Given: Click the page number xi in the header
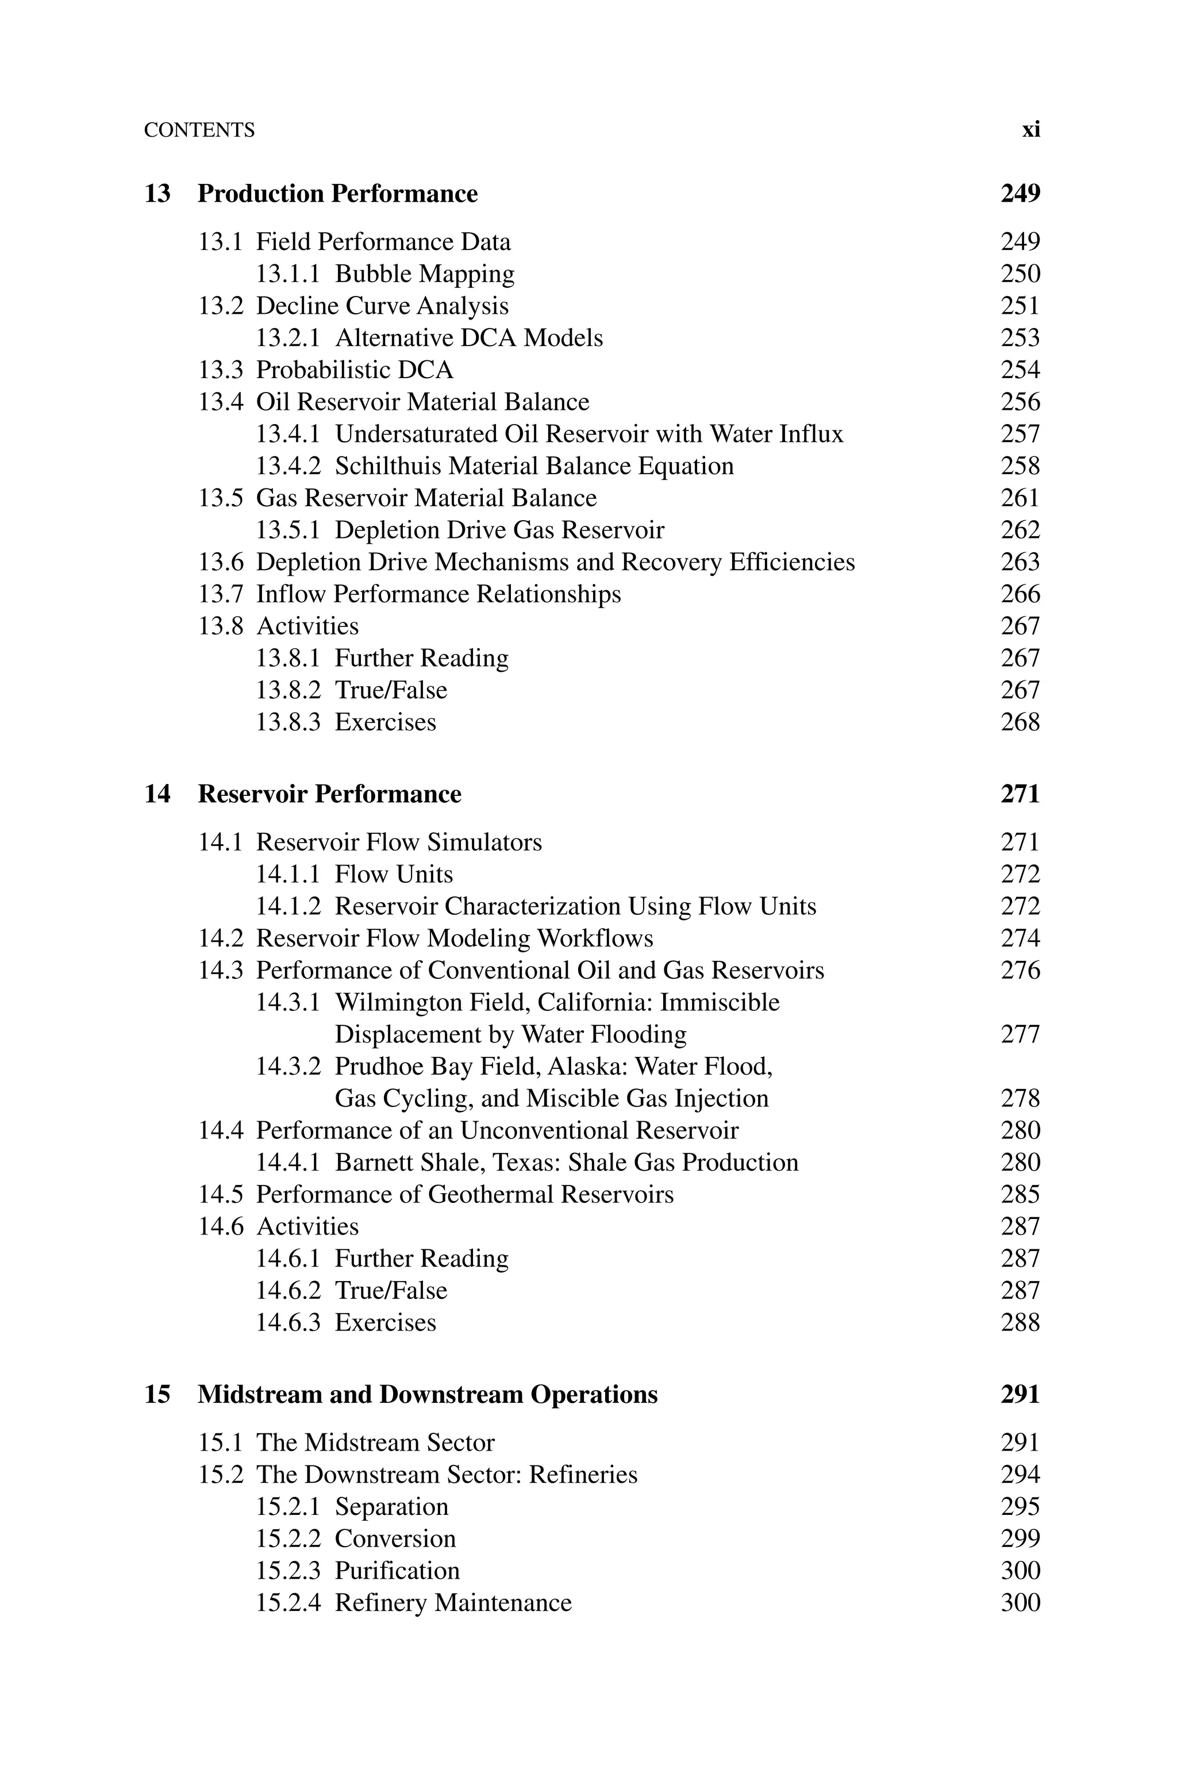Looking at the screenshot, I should [x=1030, y=130].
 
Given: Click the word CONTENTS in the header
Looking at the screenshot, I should [x=199, y=130].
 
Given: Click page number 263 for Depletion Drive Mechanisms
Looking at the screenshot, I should [x=1020, y=562].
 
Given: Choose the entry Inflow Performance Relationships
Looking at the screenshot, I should [x=439, y=594].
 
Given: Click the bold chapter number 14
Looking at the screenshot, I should [x=157, y=794].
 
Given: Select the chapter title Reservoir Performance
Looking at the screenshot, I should [x=329, y=794].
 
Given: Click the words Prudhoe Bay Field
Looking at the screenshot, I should [x=437, y=1066].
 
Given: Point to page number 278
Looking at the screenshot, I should [x=1020, y=1099].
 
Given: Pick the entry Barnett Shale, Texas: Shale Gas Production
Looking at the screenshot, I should [x=566, y=1163].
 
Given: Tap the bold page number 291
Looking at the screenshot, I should [x=1020, y=1394].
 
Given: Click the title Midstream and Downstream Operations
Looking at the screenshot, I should [x=427, y=1394].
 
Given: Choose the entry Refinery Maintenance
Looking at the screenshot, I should [x=453, y=1603].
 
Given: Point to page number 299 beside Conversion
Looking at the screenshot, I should [x=1020, y=1539].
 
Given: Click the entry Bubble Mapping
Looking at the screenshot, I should [x=424, y=274].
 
